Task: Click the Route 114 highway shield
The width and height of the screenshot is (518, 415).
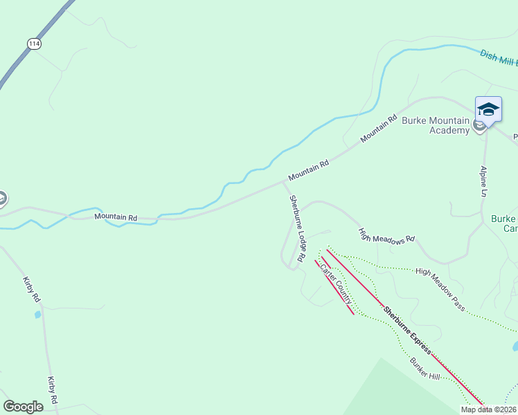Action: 33,44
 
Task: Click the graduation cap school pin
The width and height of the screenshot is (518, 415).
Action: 488,109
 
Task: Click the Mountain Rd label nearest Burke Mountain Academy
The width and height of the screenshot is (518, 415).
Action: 379,129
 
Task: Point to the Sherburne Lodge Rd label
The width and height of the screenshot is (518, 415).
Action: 296,228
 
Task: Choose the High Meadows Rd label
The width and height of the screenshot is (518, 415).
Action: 386,234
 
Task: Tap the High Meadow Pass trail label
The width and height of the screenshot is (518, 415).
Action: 440,289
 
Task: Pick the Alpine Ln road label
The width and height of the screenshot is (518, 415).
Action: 484,181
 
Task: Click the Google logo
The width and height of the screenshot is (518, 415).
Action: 23,407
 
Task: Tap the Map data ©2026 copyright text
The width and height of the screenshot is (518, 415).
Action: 488,409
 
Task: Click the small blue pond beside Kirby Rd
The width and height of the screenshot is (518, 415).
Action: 37,315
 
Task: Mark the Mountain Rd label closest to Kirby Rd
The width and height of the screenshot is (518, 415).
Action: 116,217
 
